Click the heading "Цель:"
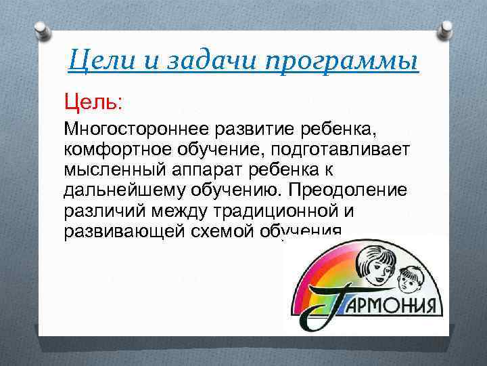(93, 103)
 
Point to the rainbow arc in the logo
(318, 271)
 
